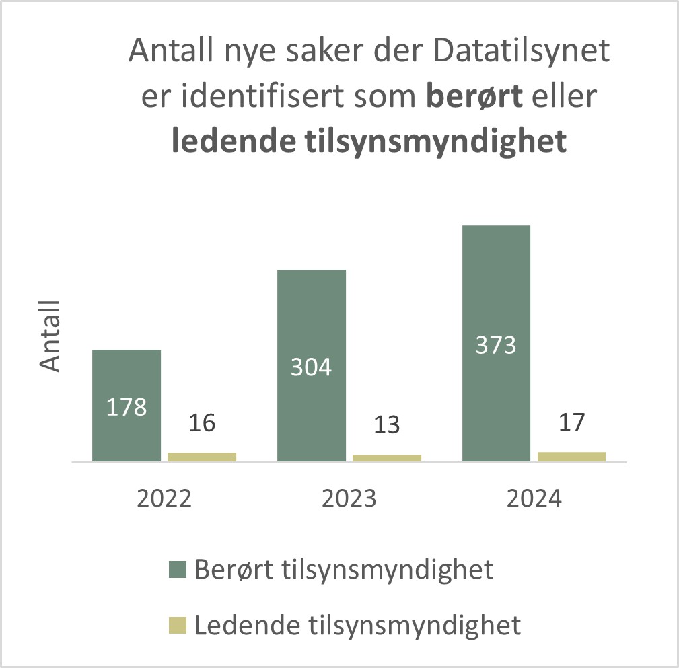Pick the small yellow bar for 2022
(202, 457)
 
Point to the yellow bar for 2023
(387, 458)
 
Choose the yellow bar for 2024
(571, 456)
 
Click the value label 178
(127, 407)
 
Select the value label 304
(312, 367)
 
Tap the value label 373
(497, 345)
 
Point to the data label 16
(202, 424)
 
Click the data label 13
(387, 425)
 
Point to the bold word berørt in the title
(474, 98)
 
